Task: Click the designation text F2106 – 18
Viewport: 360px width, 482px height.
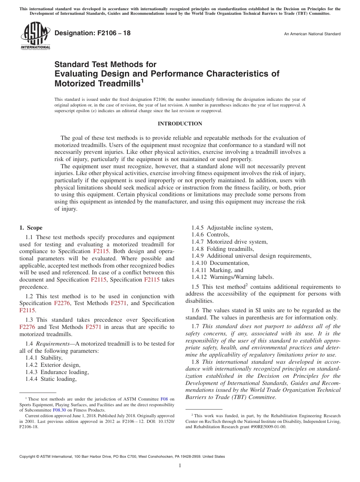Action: (92, 33)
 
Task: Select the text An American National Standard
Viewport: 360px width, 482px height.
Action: (312, 34)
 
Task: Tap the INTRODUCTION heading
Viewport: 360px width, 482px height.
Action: (180, 124)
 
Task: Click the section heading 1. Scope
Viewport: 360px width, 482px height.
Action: (31, 228)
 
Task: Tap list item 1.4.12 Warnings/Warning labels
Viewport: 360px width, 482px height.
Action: (232, 277)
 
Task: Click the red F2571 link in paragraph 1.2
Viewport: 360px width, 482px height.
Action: (117, 303)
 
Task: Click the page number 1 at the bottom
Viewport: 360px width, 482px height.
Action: (180, 466)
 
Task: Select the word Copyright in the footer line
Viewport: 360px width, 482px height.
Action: (28, 457)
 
